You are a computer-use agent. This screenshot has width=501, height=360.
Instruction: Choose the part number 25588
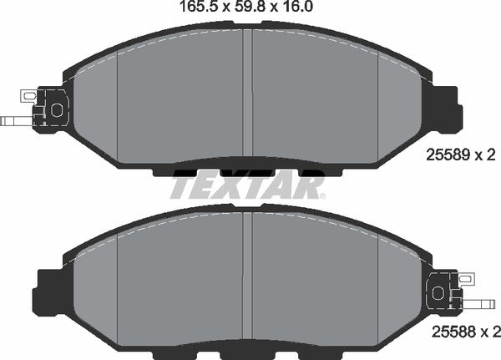pos(448,333)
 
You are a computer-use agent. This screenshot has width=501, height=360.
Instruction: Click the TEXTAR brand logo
pos(248,185)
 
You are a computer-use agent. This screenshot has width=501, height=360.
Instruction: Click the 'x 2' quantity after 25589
pos(485,155)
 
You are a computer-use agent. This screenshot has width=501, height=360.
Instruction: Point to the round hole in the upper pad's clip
pos(57,109)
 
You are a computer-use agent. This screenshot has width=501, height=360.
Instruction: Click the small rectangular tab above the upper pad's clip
pos(28,96)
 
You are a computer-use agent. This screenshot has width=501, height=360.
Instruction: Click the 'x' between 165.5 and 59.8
pos(223,8)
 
